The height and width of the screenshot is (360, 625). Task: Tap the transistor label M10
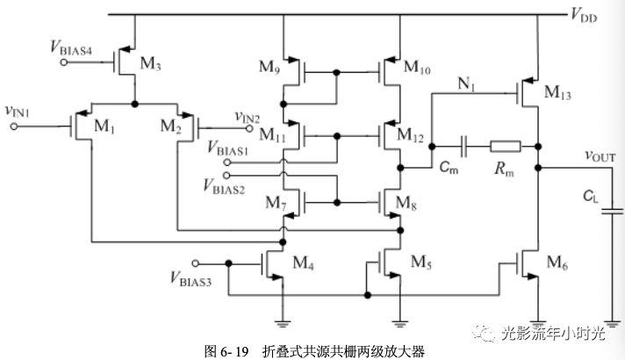tap(420, 68)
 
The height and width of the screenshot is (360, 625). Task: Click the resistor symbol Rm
tap(506, 146)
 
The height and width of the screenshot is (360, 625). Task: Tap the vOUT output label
tap(600, 155)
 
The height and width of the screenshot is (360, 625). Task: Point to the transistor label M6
tap(557, 262)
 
